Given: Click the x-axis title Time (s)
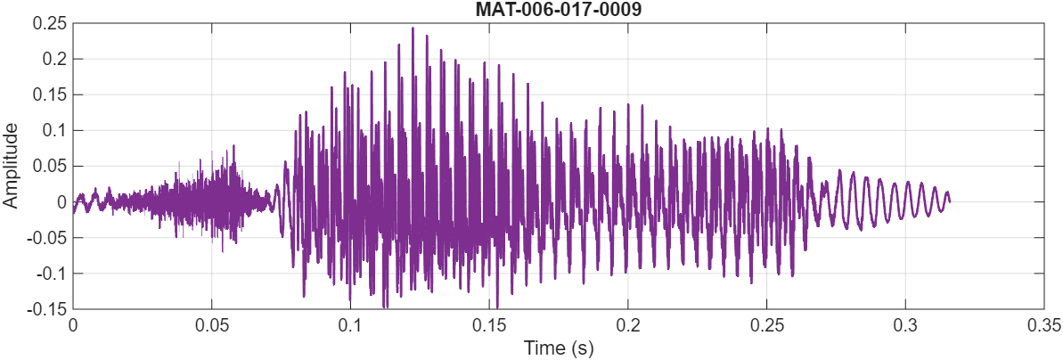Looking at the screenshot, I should tap(558, 347).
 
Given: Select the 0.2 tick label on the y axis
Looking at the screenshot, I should tap(53, 59).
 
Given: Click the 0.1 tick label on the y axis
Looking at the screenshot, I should tap(53, 130).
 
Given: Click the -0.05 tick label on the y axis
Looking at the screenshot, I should tap(46, 238).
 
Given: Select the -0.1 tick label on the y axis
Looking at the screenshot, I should tap(51, 274).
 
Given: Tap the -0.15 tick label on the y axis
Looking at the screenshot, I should tap(46, 309).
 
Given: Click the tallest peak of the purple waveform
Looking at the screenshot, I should tap(413, 28).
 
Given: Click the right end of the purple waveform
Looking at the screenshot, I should tap(949, 201).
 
